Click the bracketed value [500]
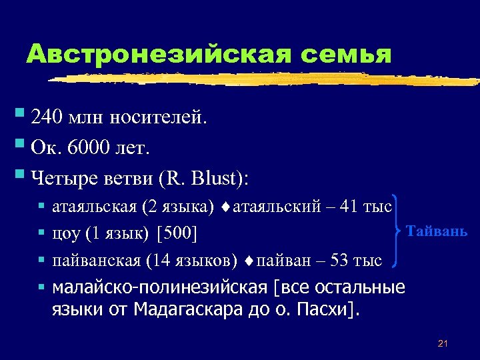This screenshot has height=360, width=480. click(178, 235)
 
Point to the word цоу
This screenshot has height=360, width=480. click(65, 235)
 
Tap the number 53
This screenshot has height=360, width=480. click(341, 260)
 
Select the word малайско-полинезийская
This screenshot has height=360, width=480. click(160, 288)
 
